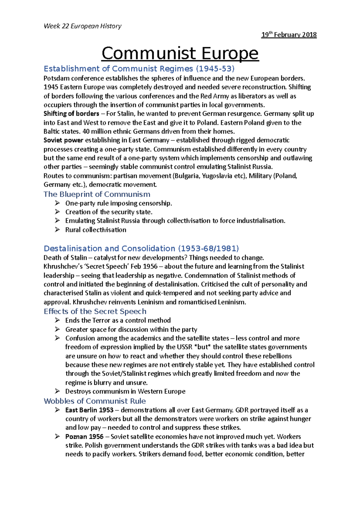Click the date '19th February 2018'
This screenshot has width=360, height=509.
(289, 35)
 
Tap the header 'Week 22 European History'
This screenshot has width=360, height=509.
(82, 26)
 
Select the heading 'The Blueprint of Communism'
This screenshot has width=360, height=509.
(97, 194)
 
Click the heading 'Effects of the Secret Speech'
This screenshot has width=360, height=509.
(95, 311)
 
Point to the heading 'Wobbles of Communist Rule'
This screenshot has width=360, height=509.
(95, 401)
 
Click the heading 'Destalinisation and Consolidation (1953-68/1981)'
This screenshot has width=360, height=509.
(141, 249)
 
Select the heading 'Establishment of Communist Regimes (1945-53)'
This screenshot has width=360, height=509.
(139, 69)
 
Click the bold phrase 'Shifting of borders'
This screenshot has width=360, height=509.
(71, 114)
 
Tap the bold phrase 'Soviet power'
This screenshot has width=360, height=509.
(63, 140)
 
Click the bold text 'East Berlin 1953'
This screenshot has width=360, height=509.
(89, 410)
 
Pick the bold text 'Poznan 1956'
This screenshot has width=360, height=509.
(84, 437)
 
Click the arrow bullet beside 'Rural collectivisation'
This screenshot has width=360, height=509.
(58, 230)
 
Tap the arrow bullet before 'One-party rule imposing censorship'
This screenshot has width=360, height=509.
(58, 203)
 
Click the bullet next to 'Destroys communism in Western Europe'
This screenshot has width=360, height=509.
(58, 391)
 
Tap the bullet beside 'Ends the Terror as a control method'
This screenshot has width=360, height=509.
(58, 320)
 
